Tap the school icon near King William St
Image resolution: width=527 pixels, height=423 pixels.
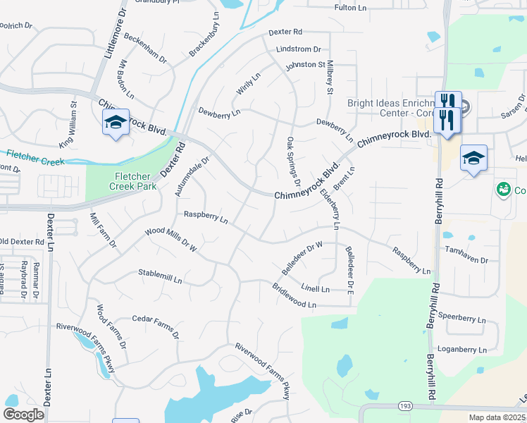116,123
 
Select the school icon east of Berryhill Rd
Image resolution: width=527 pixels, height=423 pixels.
473,159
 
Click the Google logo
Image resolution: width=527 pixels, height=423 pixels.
23,415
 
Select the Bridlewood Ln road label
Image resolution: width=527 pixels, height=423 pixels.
294,295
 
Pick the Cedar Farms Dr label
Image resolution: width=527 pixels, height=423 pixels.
156,326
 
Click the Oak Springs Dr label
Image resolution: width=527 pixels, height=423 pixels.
293,162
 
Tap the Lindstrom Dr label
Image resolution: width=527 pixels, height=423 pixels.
299,49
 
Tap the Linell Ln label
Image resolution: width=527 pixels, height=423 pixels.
315,288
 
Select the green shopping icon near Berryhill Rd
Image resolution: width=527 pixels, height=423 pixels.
503,189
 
